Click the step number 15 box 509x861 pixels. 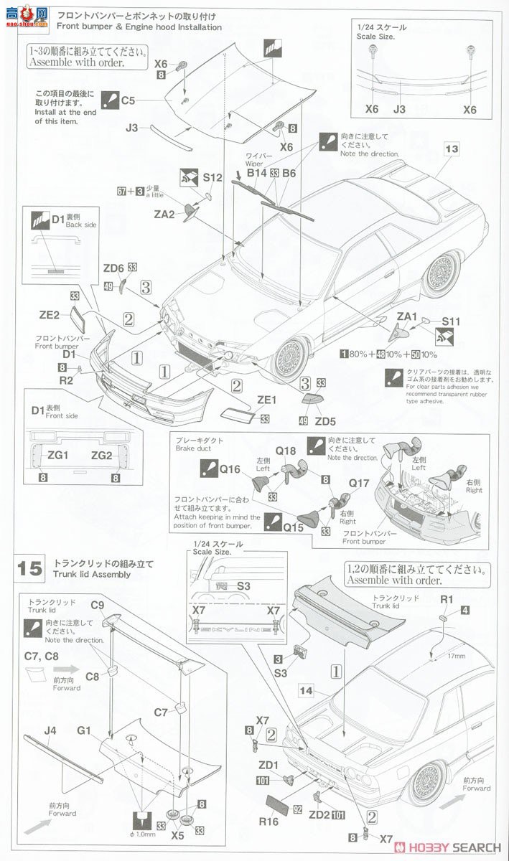pyautogui.click(x=31, y=568)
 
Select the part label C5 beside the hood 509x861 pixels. pyautogui.click(x=128, y=101)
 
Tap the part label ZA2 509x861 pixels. pyautogui.click(x=164, y=214)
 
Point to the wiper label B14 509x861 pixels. pyautogui.click(x=256, y=173)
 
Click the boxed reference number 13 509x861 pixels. pyautogui.click(x=451, y=149)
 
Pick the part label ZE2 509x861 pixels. pyautogui.click(x=50, y=314)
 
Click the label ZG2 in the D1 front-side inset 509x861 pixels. pyautogui.click(x=101, y=455)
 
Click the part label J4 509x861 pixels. pyautogui.click(x=50, y=731)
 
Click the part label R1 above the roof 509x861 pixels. pyautogui.click(x=447, y=598)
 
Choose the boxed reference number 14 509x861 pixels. pyautogui.click(x=309, y=691)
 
